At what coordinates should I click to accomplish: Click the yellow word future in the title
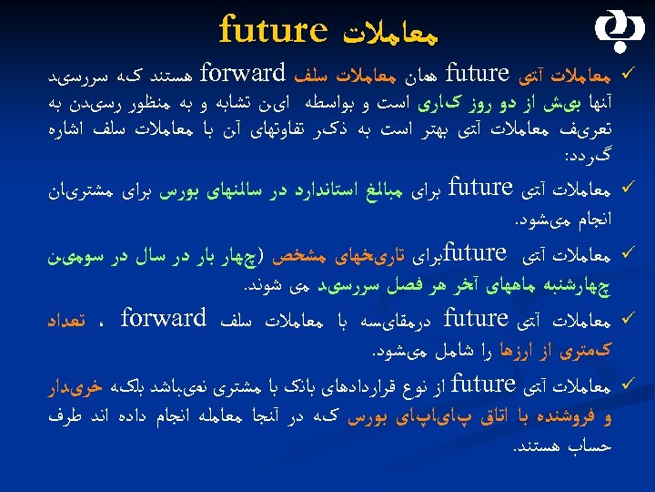point(273,29)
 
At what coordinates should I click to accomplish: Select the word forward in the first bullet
point(241,71)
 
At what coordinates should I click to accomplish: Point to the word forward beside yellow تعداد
point(164,319)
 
